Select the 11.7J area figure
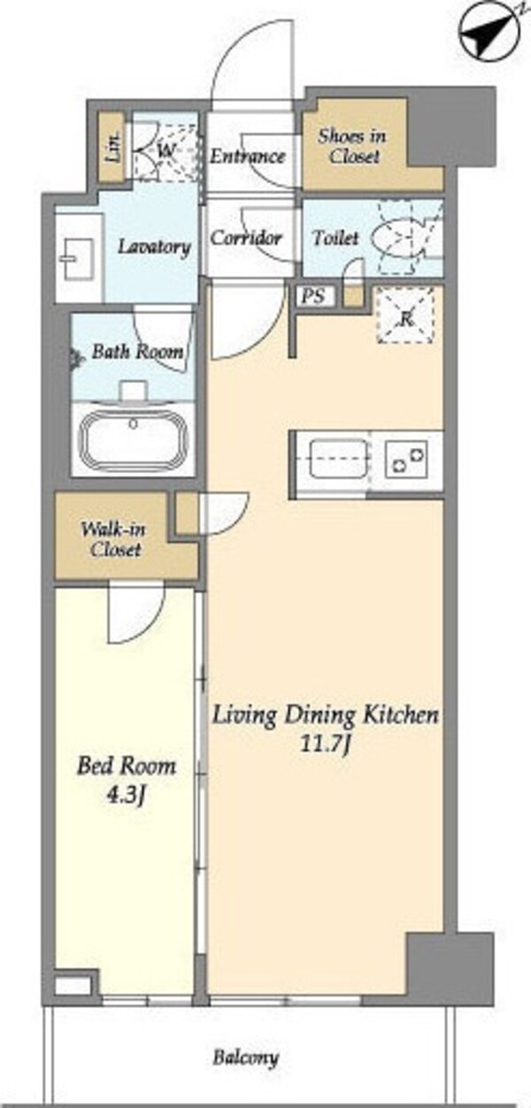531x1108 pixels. (325, 745)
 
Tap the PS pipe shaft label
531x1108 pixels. (314, 296)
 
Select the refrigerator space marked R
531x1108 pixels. (406, 315)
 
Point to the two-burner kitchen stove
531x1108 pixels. (406, 458)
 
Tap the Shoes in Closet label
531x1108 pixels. (352, 147)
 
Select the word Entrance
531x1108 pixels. (248, 157)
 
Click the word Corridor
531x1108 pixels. (246, 238)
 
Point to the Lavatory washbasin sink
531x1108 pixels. (77, 259)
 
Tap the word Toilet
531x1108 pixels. (335, 238)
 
